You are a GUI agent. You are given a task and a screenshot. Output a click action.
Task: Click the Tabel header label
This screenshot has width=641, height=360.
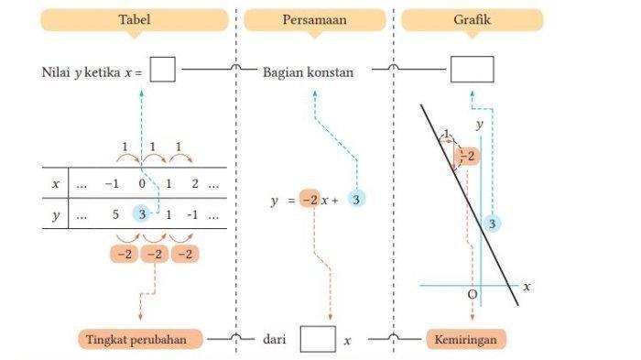[135, 19]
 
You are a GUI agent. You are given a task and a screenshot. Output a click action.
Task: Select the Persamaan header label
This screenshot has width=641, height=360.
[314, 19]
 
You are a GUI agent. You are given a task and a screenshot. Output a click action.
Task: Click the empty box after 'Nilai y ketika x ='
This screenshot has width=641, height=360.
[162, 70]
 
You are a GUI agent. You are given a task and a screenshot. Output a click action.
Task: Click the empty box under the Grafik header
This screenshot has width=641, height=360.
[472, 70]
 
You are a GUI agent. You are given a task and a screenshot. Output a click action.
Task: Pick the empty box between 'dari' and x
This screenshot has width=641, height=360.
[317, 340]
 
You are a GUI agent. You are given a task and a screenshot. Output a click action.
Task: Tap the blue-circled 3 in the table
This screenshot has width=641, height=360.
[140, 213]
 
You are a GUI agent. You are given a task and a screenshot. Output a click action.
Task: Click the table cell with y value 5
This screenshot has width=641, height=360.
[113, 213]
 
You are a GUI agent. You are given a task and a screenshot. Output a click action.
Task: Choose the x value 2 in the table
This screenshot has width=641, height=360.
[194, 183]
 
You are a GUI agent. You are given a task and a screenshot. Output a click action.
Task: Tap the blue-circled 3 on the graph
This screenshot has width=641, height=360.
[493, 224]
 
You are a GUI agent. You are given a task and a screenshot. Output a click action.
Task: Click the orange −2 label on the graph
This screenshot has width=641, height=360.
[467, 157]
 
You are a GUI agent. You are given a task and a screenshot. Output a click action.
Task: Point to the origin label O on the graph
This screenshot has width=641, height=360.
[472, 294]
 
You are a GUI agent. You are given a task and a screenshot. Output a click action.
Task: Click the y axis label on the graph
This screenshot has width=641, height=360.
[479, 124]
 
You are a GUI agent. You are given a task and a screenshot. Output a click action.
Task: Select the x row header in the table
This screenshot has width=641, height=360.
[56, 183]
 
